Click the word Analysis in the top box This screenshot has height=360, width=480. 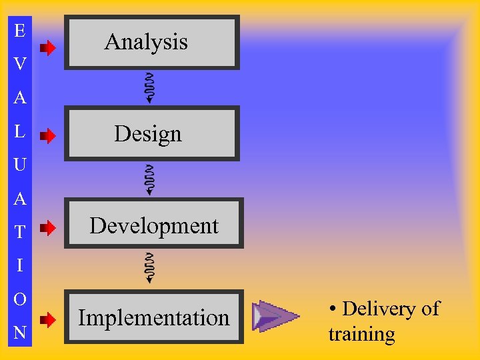pyautogui.click(x=146, y=42)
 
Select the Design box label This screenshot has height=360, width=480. pyautogui.click(x=147, y=134)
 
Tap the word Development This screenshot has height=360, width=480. pyautogui.click(x=154, y=226)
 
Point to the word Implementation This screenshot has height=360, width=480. pyautogui.click(x=153, y=318)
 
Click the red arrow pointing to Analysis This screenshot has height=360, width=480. pyautogui.click(x=47, y=47)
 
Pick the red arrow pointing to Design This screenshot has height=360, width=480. pyautogui.click(x=47, y=137)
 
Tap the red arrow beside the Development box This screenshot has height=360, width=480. pyautogui.click(x=47, y=229)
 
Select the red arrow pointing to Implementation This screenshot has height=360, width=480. pyautogui.click(x=47, y=320)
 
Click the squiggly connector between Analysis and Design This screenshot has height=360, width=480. pyautogui.click(x=151, y=88)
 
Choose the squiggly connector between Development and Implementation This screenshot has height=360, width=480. pyautogui.click(x=151, y=269)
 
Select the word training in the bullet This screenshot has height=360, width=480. pyautogui.click(x=361, y=333)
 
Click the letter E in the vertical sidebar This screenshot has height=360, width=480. pyautogui.click(x=20, y=30)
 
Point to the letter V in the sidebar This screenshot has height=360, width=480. pyautogui.click(x=20, y=64)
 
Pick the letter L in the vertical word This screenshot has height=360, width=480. pyautogui.click(x=20, y=131)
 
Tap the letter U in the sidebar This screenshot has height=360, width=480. pyautogui.click(x=20, y=165)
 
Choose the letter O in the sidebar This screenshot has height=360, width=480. pyautogui.click(x=20, y=299)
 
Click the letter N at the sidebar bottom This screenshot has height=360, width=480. pyautogui.click(x=20, y=333)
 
